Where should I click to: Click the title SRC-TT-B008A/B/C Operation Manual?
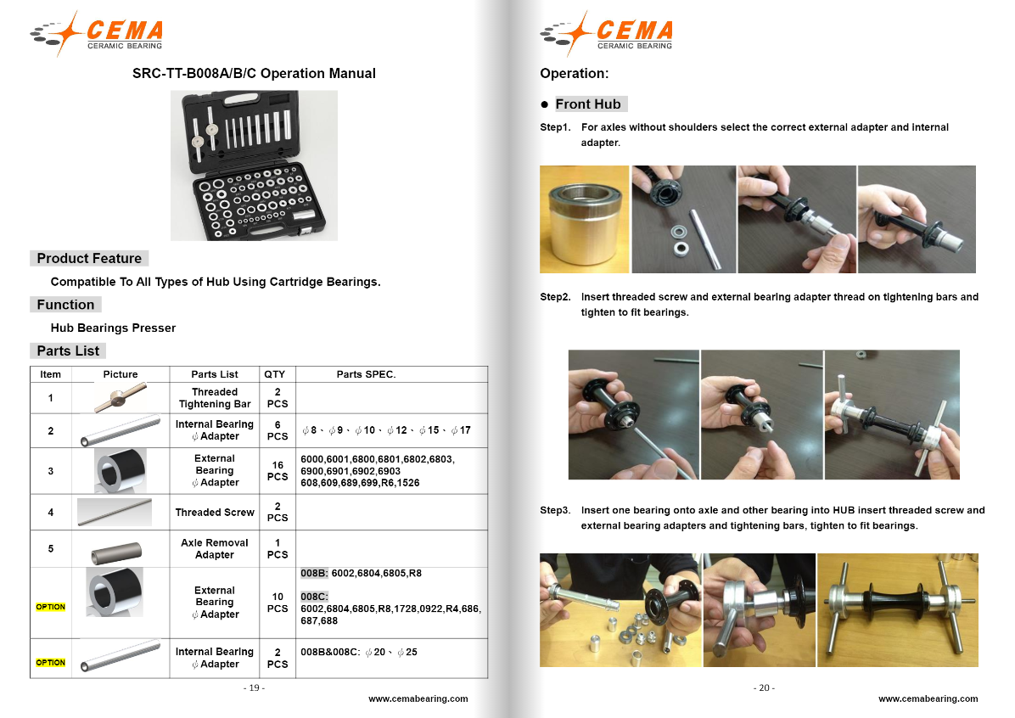(x=254, y=74)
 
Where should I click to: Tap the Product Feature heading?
(x=89, y=258)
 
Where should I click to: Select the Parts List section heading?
(x=68, y=351)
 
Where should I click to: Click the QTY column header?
(x=274, y=374)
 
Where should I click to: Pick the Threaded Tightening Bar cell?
(x=215, y=398)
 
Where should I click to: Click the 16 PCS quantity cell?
(x=278, y=471)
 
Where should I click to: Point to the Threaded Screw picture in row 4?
(x=115, y=512)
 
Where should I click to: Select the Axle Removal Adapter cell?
(x=215, y=548)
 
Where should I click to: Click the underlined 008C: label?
(x=313, y=596)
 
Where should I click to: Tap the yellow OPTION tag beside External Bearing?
(x=51, y=607)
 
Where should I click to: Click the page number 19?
(x=254, y=687)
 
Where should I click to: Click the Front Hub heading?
(x=588, y=104)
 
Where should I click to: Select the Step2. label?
(x=555, y=297)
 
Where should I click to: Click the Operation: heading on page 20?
(x=575, y=74)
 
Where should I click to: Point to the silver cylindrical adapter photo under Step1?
(x=584, y=220)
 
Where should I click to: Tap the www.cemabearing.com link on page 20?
(x=928, y=699)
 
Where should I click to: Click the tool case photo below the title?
(x=260, y=165)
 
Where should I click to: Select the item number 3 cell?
(x=51, y=471)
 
